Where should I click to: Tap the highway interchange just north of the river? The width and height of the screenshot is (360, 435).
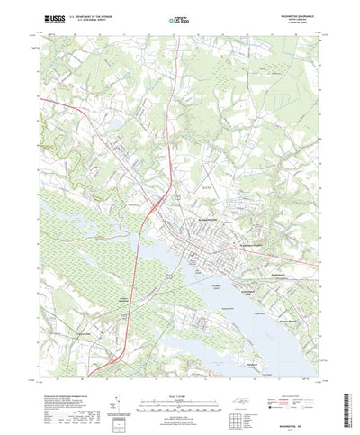(x=155, y=209)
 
